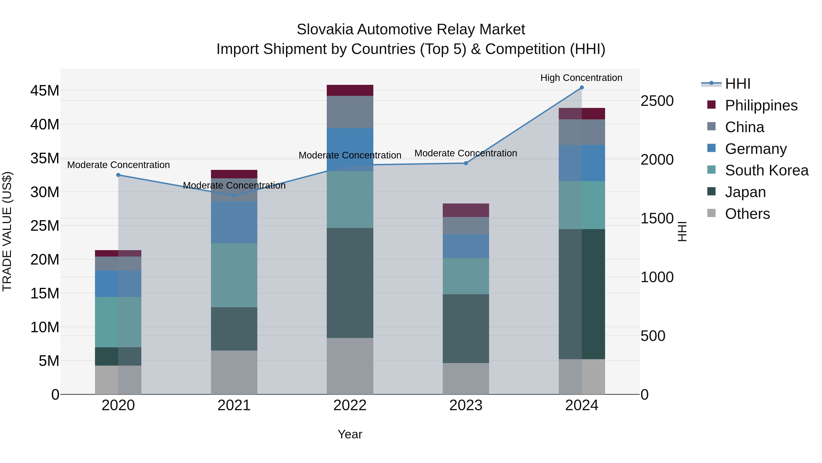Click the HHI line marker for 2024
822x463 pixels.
click(x=581, y=88)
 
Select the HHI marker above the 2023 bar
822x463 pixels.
click(x=466, y=163)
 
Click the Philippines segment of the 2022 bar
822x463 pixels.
click(x=350, y=90)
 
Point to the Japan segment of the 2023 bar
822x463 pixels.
click(x=466, y=329)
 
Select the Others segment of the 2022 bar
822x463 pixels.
click(x=350, y=366)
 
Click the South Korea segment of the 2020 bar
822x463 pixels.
click(x=118, y=322)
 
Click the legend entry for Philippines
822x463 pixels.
click(x=761, y=105)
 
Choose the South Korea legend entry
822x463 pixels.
click(x=767, y=170)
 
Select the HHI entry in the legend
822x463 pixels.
click(x=738, y=84)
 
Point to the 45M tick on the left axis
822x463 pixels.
click(x=45, y=91)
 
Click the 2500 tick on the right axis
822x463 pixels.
click(x=657, y=101)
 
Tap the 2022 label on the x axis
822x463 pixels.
click(x=350, y=405)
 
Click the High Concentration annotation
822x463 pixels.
click(x=581, y=78)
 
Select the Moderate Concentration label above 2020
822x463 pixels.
click(x=118, y=165)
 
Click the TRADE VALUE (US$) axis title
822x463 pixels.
click(x=7, y=231)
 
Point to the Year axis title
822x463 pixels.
click(x=350, y=434)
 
